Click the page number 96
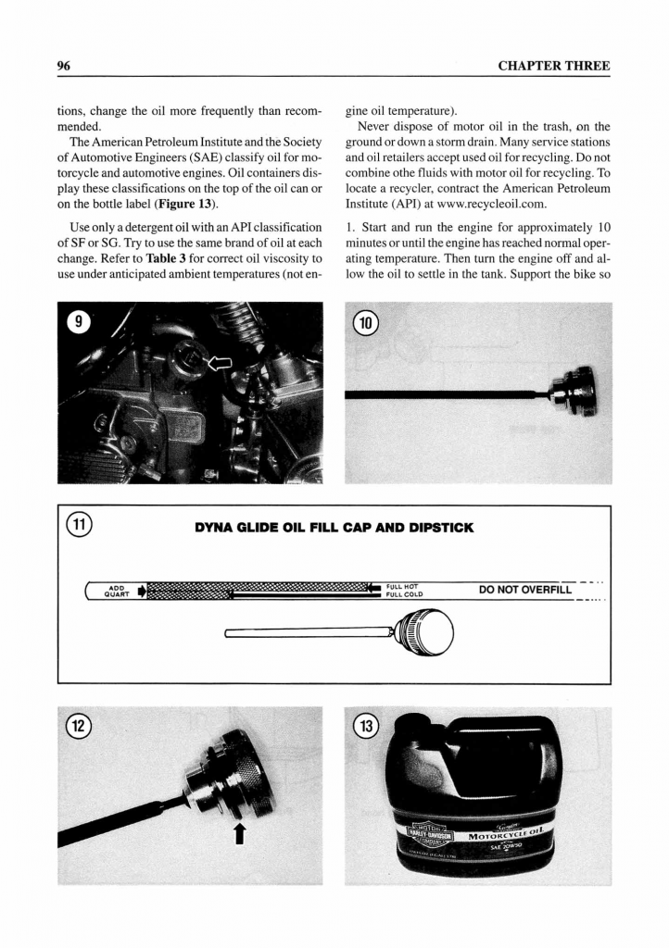point(65,66)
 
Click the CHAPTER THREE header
point(554,66)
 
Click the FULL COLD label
point(404,594)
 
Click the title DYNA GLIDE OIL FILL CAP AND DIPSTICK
point(334,529)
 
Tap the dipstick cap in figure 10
point(574,393)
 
